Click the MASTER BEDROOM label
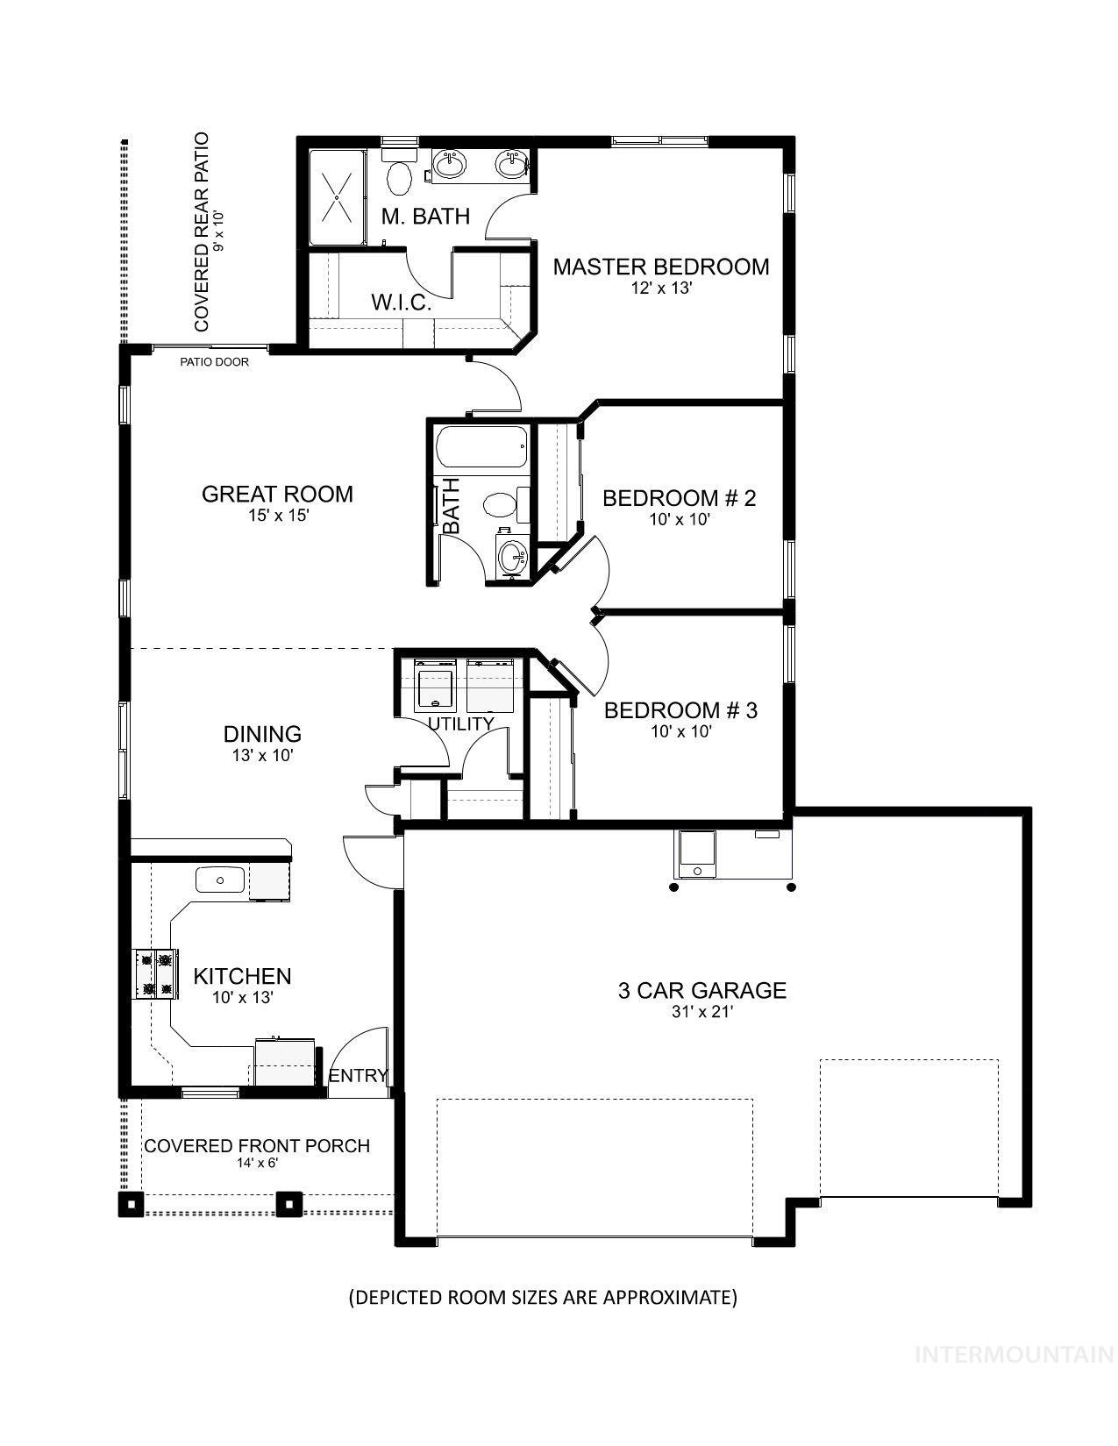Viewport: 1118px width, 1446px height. pyautogui.click(x=660, y=267)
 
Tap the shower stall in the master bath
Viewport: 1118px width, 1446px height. pyautogui.click(x=336, y=197)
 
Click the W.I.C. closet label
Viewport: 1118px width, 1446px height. pyautogui.click(x=401, y=303)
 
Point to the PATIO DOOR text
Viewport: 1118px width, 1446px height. pyautogui.click(x=214, y=362)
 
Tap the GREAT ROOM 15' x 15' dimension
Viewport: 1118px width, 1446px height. pyautogui.click(x=278, y=516)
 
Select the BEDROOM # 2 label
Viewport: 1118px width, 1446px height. pyautogui.click(x=679, y=498)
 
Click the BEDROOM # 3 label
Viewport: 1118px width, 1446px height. pyautogui.click(x=680, y=710)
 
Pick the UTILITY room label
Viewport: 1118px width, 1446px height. pyautogui.click(x=460, y=723)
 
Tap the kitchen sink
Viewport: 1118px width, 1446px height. pyautogui.click(x=219, y=879)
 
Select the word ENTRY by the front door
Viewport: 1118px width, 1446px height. pyautogui.click(x=358, y=1076)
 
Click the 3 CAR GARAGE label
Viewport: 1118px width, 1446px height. pyautogui.click(x=701, y=991)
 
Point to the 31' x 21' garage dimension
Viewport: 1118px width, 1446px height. pyautogui.click(x=701, y=1012)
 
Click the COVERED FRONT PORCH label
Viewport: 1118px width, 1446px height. pyautogui.click(x=257, y=1146)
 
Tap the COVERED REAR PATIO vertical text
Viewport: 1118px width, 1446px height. pyautogui.click(x=203, y=232)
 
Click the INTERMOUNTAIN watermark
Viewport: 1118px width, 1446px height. pyautogui.click(x=1014, y=1355)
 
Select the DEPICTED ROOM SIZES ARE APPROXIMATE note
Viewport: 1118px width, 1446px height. pyautogui.click(x=543, y=1297)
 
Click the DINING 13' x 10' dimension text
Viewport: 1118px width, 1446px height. pyautogui.click(x=262, y=755)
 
